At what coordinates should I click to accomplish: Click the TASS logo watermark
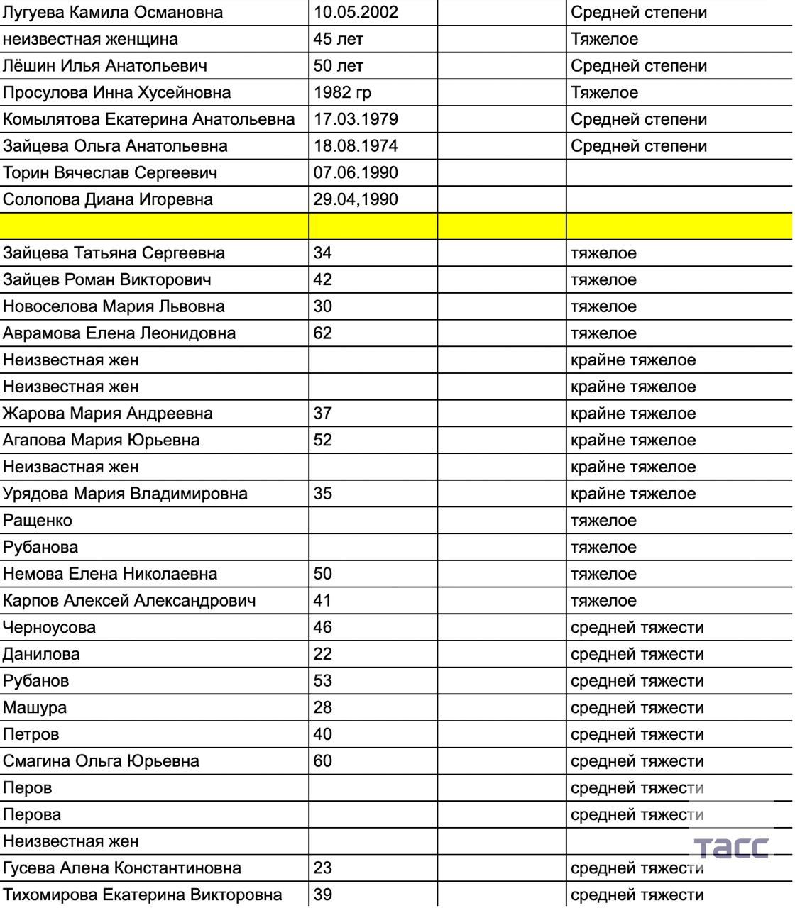(730, 847)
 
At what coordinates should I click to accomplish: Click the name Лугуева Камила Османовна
(113, 13)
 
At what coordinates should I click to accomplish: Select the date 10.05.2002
(356, 13)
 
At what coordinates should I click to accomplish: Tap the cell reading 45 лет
(338, 39)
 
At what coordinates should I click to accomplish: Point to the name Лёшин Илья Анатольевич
(105, 66)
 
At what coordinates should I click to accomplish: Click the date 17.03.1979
(356, 119)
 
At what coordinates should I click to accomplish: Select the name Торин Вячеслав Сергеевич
(110, 173)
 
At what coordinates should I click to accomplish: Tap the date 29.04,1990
(356, 199)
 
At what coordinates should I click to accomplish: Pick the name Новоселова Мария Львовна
(114, 306)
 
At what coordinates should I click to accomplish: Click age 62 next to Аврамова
(323, 333)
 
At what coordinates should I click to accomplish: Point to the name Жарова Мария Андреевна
(108, 414)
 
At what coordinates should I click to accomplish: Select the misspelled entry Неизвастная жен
(71, 467)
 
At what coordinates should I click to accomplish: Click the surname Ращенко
(38, 521)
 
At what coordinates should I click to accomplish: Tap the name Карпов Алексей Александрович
(129, 601)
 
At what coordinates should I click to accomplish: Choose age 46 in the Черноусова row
(323, 627)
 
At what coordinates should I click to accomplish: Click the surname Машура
(35, 707)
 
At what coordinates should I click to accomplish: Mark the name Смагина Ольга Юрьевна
(101, 761)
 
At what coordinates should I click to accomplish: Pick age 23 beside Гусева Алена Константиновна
(323, 868)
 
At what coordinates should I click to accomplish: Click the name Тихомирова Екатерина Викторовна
(142, 895)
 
